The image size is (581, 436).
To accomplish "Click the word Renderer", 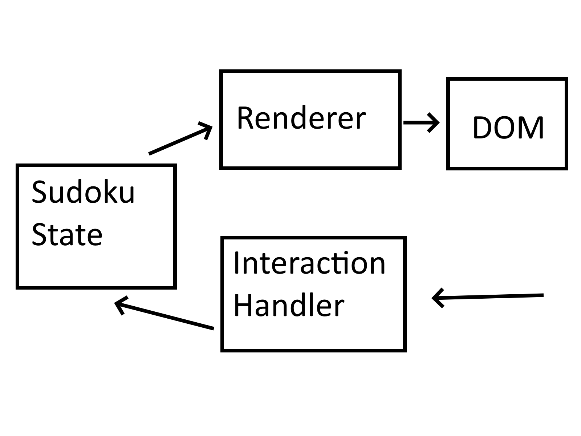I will click(301, 118).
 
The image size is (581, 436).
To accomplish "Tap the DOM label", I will click(508, 128).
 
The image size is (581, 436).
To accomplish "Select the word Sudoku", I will click(83, 192).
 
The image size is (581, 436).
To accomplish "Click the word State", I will click(67, 235).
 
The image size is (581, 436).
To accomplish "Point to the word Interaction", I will click(309, 263).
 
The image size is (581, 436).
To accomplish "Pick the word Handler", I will click(289, 306).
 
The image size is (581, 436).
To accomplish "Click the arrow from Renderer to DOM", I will click(421, 122).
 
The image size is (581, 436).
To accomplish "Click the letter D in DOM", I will click(484, 128).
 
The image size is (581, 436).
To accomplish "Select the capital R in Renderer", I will click(245, 118).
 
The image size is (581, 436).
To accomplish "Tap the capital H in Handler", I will click(243, 306).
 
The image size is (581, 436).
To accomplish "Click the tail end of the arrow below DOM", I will click(543, 295).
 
